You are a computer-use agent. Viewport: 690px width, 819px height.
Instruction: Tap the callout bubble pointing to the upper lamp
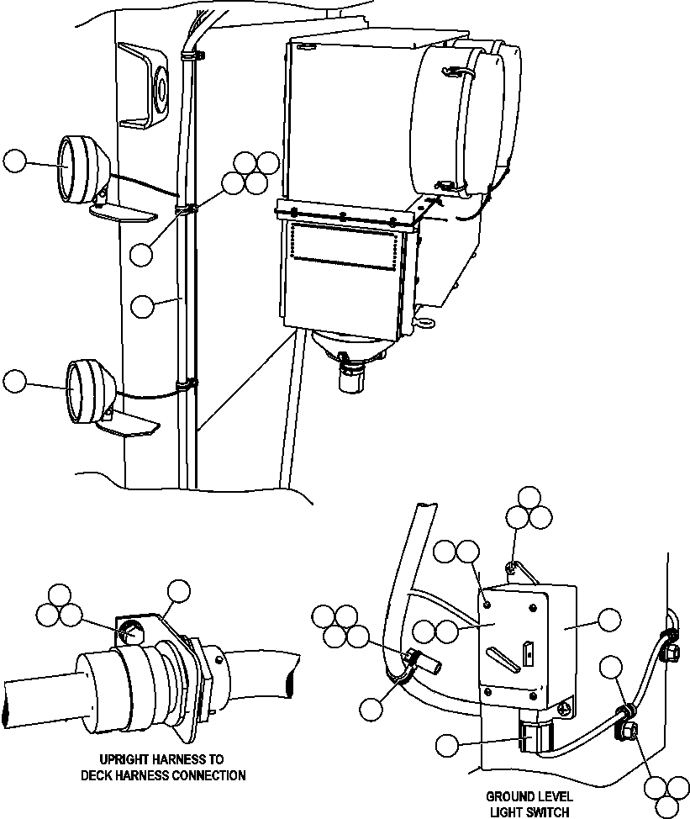click(16, 161)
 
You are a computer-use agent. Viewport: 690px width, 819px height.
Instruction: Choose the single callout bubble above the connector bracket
click(178, 592)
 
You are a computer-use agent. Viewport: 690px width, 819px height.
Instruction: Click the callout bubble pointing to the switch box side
click(608, 621)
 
